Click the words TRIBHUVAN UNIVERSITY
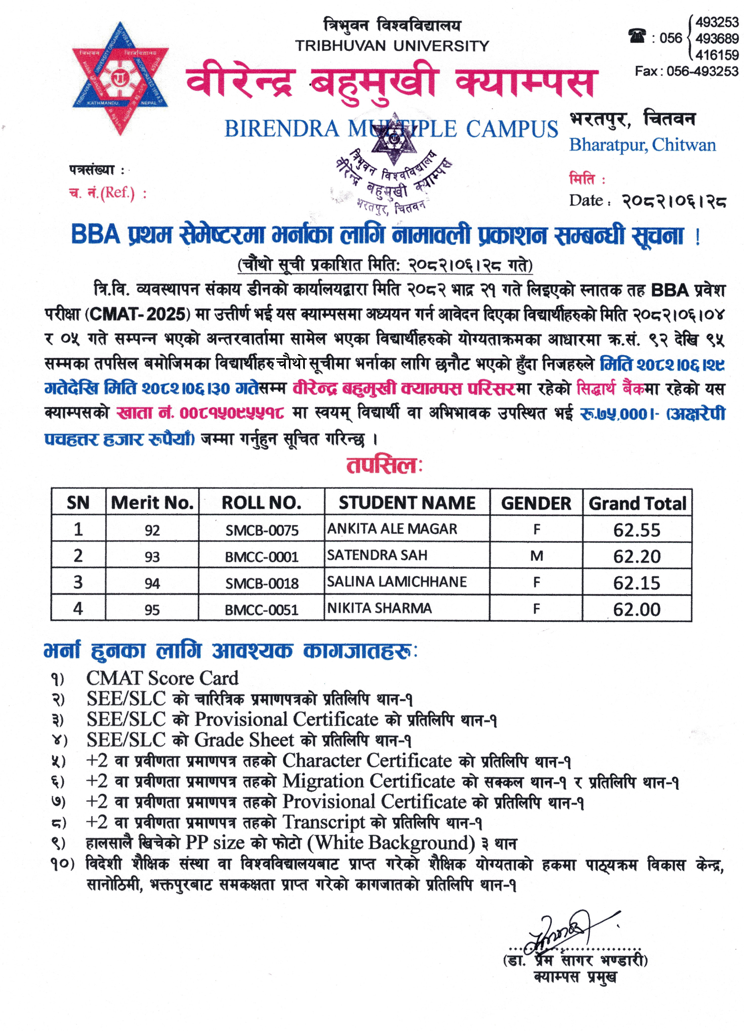(392, 46)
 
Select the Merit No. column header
(152, 503)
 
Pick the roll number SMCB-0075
(262, 530)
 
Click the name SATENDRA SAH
(377, 555)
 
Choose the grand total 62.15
(637, 583)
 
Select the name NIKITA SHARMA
(380, 608)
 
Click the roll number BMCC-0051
(262, 610)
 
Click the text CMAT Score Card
(162, 678)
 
